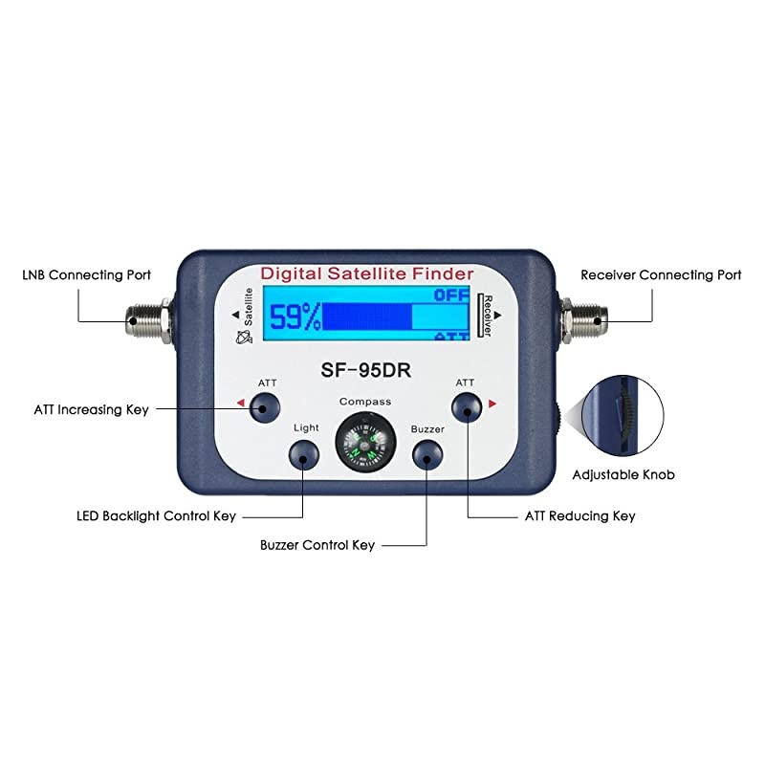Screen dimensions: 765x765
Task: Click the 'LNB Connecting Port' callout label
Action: point(86,274)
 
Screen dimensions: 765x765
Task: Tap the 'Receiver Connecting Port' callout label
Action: point(661,274)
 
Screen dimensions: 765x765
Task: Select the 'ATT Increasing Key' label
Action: point(91,409)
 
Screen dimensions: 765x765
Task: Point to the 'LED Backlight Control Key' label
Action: point(156,515)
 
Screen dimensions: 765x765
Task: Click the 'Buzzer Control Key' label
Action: point(317,545)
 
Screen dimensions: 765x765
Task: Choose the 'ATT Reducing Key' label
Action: point(579,515)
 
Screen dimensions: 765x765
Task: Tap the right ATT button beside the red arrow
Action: point(466,409)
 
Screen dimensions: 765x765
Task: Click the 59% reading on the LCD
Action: point(294,317)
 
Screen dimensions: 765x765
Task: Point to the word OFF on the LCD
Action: point(451,295)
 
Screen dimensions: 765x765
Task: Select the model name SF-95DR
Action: point(363,367)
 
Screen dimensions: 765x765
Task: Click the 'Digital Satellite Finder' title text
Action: point(367,274)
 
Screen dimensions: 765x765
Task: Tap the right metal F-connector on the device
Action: point(581,313)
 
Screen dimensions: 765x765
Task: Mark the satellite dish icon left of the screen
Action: point(239,335)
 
